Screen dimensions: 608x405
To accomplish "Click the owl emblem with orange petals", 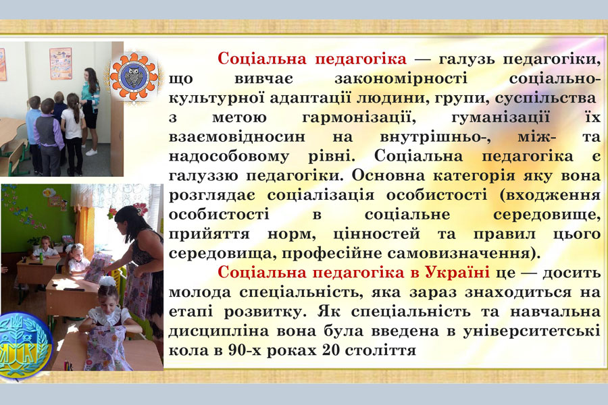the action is click(134, 76).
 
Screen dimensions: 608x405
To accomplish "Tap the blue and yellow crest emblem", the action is click(24, 345).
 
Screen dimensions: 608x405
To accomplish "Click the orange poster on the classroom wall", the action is click(61, 63).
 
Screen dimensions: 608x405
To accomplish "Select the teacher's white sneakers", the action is click(91, 152).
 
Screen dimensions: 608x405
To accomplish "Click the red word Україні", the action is click(457, 272).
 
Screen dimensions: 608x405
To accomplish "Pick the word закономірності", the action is click(401, 78).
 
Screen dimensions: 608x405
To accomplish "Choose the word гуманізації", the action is click(501, 117).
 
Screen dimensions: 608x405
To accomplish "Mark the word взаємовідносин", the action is click(237, 137).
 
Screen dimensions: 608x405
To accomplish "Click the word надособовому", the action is click(229, 156).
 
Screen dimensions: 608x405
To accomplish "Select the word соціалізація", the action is click(321, 195).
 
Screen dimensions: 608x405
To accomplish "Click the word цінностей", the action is click(376, 234).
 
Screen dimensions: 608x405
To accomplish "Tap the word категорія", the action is click(474, 176).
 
